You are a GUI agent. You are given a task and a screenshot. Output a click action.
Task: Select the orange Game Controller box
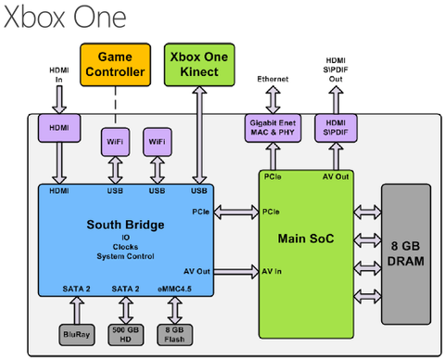(114, 63)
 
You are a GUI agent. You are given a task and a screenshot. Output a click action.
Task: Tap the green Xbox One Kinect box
(197, 63)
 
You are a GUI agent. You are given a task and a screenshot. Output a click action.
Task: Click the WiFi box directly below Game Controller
(114, 141)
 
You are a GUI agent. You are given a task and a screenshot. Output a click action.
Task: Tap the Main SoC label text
(305, 238)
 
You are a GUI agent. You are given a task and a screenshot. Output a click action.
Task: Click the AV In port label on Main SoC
(272, 271)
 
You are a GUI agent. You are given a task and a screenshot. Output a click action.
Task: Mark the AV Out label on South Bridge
(196, 271)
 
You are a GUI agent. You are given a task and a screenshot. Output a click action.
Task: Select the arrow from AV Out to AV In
(235, 271)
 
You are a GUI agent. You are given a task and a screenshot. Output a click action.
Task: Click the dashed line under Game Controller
(114, 103)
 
